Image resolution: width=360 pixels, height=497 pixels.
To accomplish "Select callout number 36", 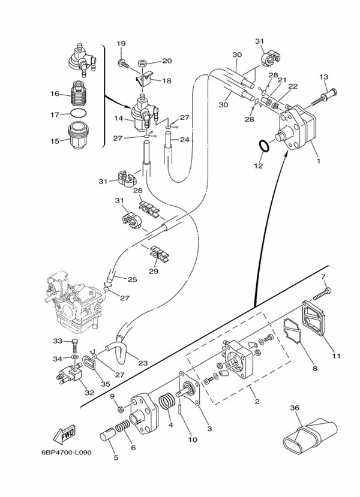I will pyautogui.click(x=294, y=408).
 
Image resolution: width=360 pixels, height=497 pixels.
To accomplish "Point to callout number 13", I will pyautogui.click(x=323, y=77).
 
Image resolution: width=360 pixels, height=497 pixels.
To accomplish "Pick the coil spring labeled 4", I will pyautogui.click(x=169, y=402).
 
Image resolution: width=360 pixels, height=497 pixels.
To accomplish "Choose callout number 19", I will pyautogui.click(x=121, y=44).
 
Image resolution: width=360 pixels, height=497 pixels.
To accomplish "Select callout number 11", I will pyautogui.click(x=336, y=356).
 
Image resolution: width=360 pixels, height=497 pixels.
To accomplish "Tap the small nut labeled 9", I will pyautogui.click(x=120, y=409).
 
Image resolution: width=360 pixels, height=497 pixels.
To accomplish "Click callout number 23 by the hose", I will pyautogui.click(x=143, y=362).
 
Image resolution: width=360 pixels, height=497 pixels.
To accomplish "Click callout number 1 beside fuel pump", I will pyautogui.click(x=318, y=161).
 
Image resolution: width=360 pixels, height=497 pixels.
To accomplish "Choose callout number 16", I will pyautogui.click(x=55, y=94).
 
